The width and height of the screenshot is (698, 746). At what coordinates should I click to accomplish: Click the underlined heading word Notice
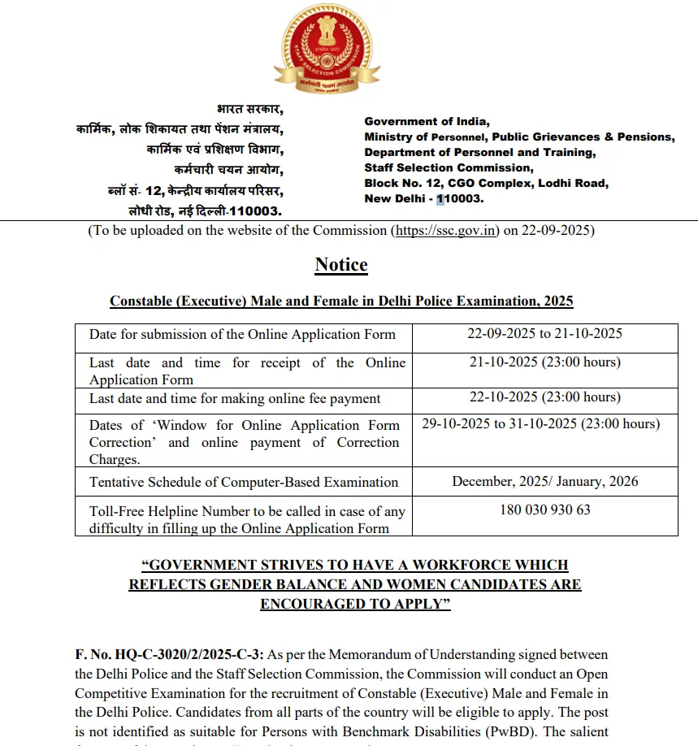click(x=341, y=265)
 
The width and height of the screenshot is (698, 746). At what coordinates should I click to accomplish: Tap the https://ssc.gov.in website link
click(x=445, y=231)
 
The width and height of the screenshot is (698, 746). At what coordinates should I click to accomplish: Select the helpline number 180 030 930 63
click(x=544, y=510)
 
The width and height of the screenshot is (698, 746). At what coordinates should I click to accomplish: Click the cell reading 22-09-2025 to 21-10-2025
click(x=544, y=334)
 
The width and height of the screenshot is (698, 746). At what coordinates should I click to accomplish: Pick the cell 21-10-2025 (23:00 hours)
click(x=544, y=362)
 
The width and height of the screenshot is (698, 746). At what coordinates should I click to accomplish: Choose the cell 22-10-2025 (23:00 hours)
click(x=544, y=397)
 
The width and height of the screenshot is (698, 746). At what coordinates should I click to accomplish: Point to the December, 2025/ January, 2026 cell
click(x=544, y=481)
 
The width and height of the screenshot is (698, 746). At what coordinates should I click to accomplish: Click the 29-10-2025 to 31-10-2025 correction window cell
click(x=541, y=424)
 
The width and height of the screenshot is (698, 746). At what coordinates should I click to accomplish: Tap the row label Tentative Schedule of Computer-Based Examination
click(x=244, y=482)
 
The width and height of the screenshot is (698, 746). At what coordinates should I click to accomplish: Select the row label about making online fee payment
click(x=235, y=398)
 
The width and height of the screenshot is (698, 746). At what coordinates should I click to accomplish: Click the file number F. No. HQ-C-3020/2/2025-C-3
click(x=170, y=655)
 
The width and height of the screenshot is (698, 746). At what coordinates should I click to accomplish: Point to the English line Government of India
click(x=427, y=122)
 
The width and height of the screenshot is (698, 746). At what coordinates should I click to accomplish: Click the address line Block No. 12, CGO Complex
click(x=486, y=184)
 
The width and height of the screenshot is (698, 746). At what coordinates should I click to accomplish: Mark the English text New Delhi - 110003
click(x=424, y=199)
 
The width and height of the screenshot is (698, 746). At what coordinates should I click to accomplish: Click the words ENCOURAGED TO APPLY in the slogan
click(x=355, y=605)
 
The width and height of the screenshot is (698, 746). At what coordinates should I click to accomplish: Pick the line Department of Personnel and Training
click(x=479, y=153)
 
